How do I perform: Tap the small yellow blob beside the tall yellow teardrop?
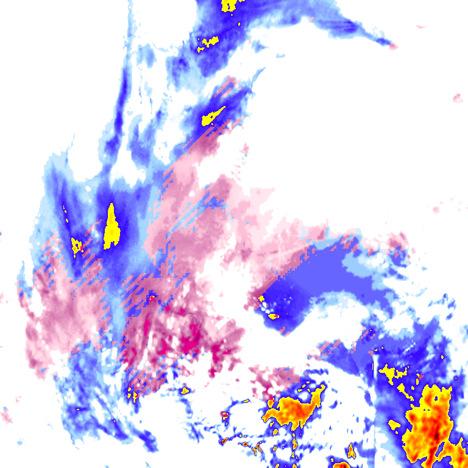77,246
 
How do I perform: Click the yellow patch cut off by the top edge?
229,5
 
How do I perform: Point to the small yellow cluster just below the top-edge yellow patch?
209,43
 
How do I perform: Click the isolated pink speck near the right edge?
458,97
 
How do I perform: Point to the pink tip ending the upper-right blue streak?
393,46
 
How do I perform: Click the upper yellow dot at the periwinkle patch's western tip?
261,299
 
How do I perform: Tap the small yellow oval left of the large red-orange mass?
394,424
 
